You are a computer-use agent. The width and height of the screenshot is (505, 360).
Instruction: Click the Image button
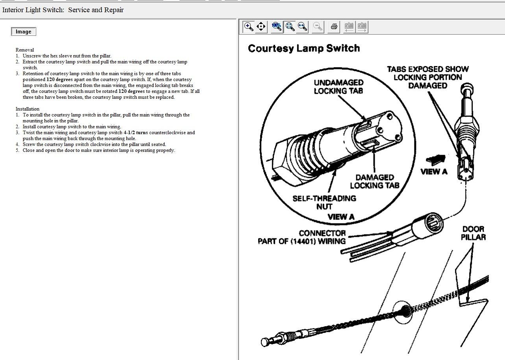[x=24, y=32]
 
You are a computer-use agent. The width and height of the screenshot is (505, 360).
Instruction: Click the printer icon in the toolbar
[x=334, y=27]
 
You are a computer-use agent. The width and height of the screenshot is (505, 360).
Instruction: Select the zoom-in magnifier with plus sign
[x=249, y=27]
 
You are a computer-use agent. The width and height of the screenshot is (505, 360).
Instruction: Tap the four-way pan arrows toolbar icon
[x=261, y=27]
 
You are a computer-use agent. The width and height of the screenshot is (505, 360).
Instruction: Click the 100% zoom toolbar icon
[x=277, y=27]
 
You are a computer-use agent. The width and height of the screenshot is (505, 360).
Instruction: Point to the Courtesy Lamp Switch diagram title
[x=304, y=48]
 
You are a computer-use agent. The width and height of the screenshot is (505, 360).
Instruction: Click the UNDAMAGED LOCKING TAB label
[x=339, y=87]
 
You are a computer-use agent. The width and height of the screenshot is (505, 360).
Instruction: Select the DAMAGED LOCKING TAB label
[x=374, y=181]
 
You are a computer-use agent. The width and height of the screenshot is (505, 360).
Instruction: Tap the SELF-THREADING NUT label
[x=324, y=202]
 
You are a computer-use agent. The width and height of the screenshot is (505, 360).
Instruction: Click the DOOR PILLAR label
[x=473, y=233]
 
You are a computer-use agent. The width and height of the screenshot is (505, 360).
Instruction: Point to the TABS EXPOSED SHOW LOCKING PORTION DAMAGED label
[x=428, y=77]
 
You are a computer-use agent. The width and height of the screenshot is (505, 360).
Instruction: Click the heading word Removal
[x=25, y=50]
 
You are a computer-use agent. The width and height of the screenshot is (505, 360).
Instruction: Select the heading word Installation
[x=28, y=109]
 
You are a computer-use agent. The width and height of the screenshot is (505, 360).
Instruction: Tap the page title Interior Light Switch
[x=33, y=10]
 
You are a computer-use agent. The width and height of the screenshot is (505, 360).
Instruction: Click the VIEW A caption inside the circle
[x=341, y=216]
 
